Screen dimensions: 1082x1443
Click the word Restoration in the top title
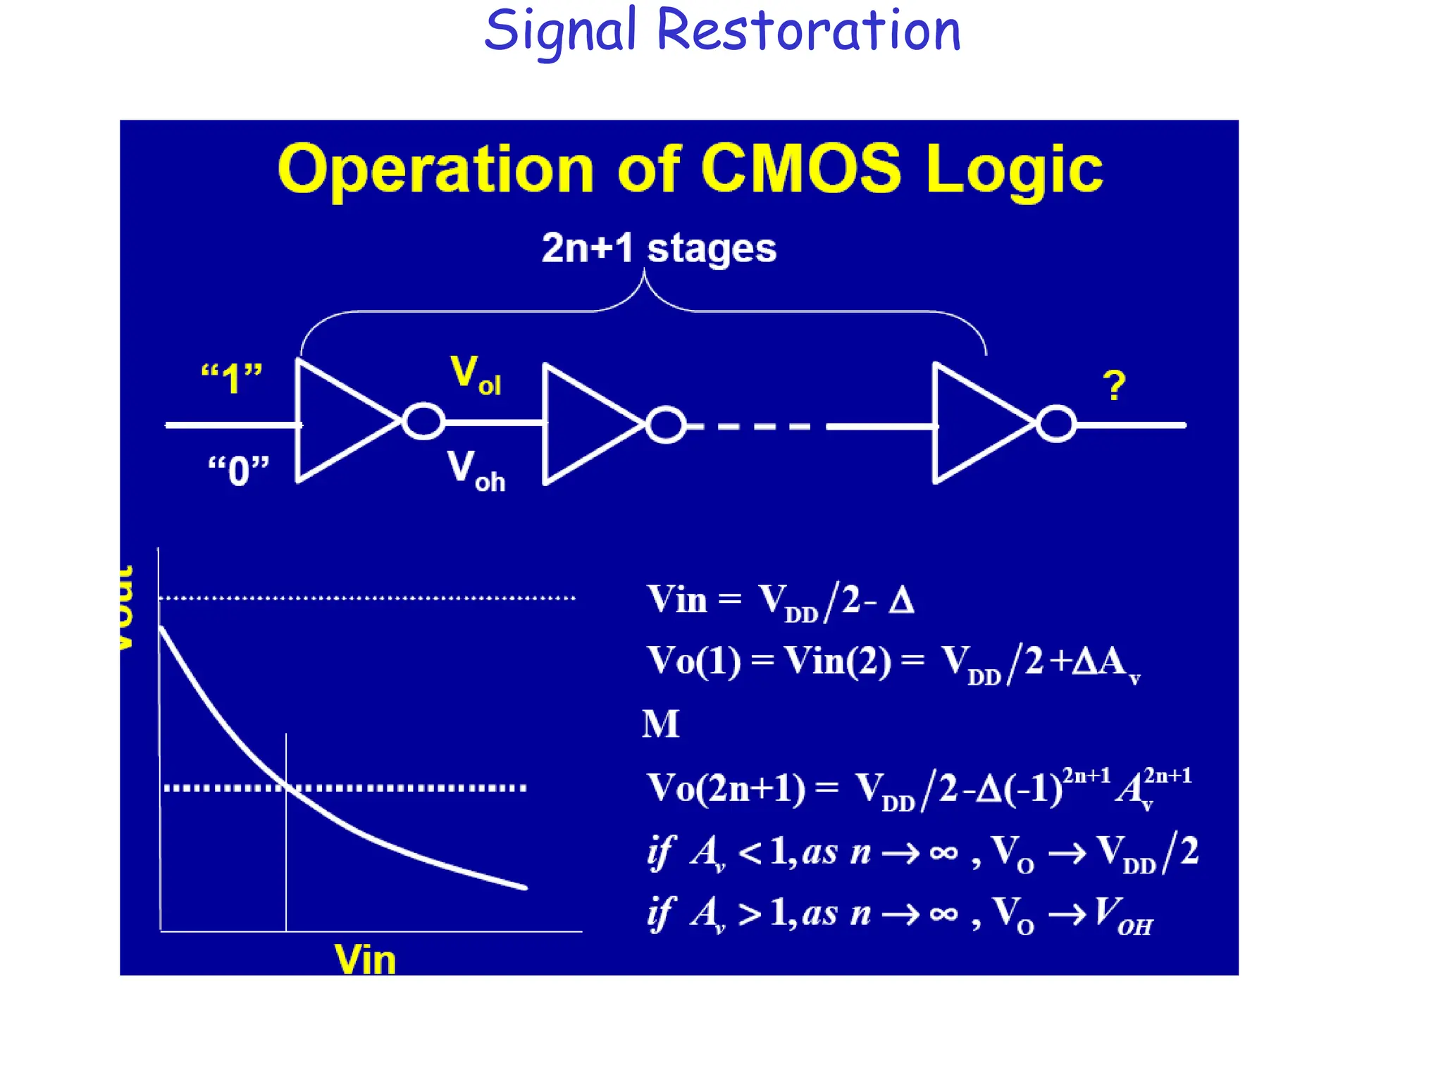coord(808,31)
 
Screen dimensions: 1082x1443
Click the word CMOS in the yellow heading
coord(800,169)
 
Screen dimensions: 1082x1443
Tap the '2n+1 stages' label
coord(659,248)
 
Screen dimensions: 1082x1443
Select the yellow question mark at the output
coord(1113,386)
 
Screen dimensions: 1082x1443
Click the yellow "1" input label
coord(231,378)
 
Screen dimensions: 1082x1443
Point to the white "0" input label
coord(238,470)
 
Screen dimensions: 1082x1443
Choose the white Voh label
coord(476,471)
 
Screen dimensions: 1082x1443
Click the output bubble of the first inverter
coord(423,422)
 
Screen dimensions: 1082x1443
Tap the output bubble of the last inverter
coord(1055,424)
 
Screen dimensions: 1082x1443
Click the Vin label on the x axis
coord(365,959)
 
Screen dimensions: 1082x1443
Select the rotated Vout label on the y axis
coord(125,607)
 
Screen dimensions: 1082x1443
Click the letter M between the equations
coord(660,724)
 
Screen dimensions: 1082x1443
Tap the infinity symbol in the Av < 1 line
coord(943,853)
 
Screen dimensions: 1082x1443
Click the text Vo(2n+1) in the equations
coord(726,788)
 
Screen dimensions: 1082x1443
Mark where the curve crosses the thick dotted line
coord(287,788)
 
